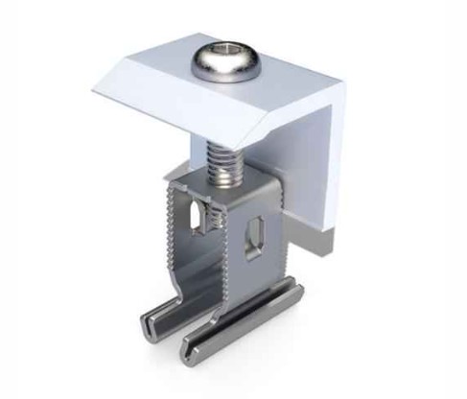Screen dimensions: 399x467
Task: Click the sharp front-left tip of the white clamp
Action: click(x=95, y=90)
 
